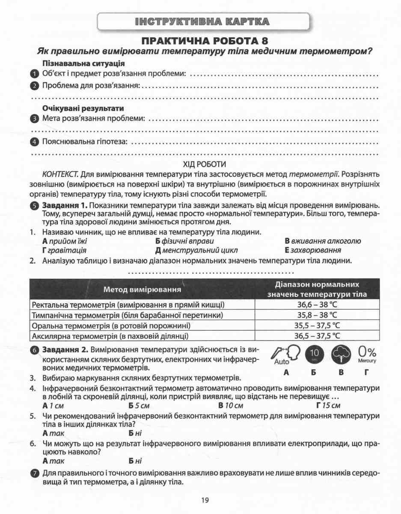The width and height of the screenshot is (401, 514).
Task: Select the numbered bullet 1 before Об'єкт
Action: coord(35,74)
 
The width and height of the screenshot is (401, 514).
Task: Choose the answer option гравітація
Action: coord(64,250)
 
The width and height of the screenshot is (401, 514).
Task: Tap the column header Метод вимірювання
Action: coord(141,290)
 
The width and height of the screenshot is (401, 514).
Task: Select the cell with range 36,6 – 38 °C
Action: coord(318,305)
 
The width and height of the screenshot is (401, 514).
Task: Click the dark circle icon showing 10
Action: coord(314,354)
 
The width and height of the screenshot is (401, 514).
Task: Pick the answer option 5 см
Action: coord(139,405)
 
